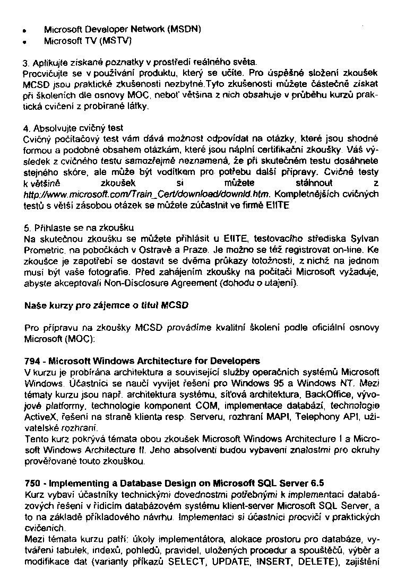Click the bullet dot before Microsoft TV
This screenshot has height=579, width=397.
click(25, 40)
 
